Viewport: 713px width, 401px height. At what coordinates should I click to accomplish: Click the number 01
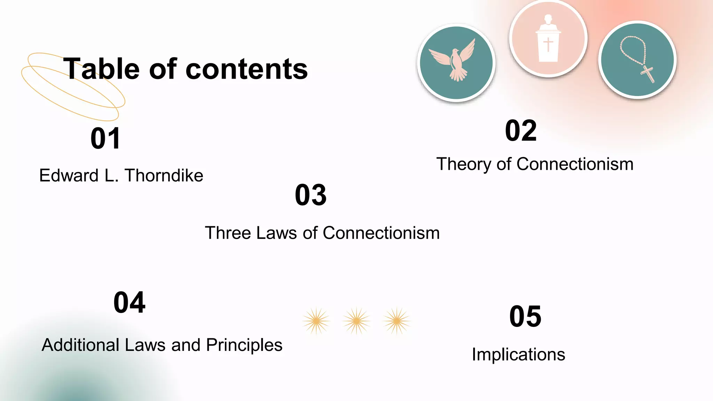coord(105,139)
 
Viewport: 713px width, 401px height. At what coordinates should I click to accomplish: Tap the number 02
coord(521,131)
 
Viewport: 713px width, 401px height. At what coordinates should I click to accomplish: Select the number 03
coord(311,195)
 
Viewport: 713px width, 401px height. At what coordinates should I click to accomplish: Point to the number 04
coord(129,302)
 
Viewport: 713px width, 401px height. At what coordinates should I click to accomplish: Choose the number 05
coord(525,316)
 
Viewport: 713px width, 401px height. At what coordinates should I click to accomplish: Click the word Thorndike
coord(164,175)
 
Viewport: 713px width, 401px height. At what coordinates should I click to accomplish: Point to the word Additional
coord(80,345)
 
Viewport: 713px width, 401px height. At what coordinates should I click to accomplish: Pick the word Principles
coord(244,345)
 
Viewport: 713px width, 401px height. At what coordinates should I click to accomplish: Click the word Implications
coord(518,355)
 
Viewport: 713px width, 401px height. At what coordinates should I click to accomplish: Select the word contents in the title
coord(247,69)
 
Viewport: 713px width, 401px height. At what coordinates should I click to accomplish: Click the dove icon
coord(456,63)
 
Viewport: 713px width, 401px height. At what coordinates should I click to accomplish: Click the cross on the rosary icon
coord(647,74)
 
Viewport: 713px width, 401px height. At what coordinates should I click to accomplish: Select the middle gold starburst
coord(356,321)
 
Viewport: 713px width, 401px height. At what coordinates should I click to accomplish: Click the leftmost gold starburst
coord(316,321)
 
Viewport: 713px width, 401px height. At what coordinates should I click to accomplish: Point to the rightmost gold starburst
coord(396,321)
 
